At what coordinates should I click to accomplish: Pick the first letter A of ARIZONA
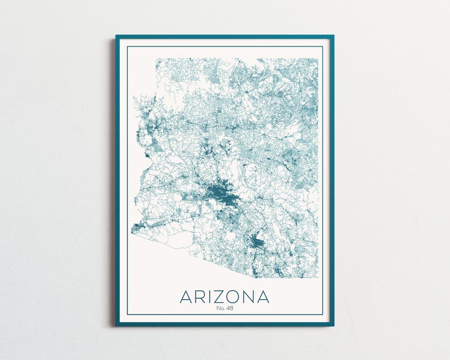click(186, 297)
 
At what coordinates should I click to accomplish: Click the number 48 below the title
click(229, 308)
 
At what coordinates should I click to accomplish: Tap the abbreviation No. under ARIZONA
click(220, 308)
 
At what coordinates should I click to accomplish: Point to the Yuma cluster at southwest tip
click(136, 228)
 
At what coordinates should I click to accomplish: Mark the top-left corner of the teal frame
click(117, 36)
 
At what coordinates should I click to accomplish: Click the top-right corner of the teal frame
click(333, 36)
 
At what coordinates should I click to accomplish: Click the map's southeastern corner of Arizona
click(316, 277)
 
